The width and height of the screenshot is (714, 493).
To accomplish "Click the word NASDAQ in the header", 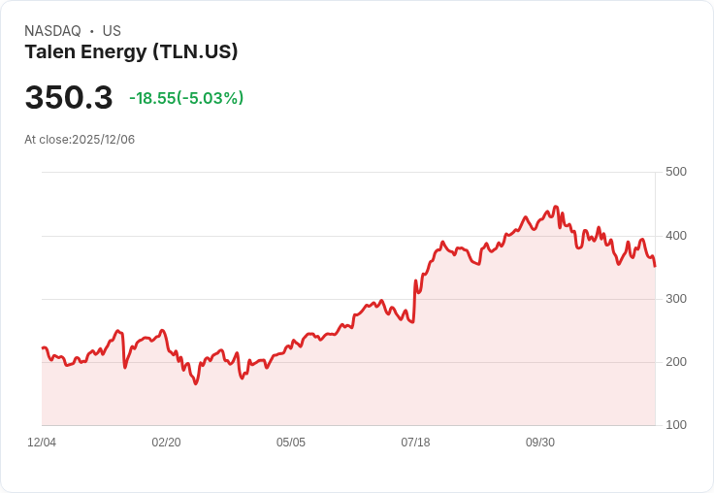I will [52, 31].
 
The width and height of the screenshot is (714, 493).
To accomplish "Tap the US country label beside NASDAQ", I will [112, 31].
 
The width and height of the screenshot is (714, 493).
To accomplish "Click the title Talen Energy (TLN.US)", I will [131, 52].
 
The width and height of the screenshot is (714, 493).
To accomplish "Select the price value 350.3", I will [69, 98].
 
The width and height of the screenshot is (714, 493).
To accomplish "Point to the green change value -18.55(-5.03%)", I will [186, 98].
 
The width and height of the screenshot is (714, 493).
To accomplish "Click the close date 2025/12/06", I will [103, 140].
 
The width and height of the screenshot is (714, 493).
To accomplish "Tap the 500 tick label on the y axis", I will [675, 172].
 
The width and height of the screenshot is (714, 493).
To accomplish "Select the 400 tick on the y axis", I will [675, 236].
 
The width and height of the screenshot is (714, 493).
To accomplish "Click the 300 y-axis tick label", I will [675, 299].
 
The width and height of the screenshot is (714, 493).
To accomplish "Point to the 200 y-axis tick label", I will [675, 362].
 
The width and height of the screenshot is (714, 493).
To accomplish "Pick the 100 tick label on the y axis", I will [675, 425].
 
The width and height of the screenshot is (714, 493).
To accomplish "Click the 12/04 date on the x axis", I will [42, 443].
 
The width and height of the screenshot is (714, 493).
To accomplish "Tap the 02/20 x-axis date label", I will [166, 443].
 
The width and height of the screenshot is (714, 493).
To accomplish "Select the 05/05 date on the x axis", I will [291, 443].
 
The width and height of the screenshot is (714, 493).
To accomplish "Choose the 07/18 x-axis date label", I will [415, 443].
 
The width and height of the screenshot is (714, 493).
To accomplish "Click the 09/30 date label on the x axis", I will [540, 443].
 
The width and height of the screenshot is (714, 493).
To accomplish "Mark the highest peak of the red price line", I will [556, 207].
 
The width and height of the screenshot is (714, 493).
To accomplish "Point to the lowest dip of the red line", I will [195, 384].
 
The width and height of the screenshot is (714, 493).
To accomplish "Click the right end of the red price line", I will [655, 266].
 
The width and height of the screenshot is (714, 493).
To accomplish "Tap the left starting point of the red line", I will [42, 347].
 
